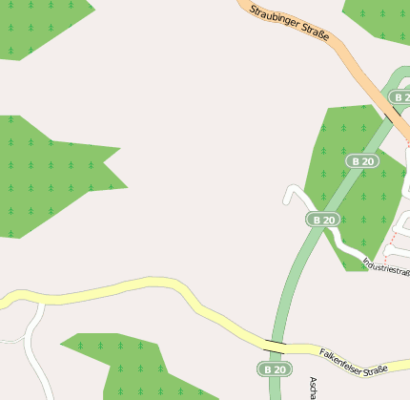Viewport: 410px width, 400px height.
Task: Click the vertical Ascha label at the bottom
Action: (313, 387)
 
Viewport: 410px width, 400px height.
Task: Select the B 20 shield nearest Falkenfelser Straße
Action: (275, 368)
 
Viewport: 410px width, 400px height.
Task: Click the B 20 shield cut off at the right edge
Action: (400, 97)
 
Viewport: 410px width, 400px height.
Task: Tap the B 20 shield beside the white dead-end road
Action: (323, 220)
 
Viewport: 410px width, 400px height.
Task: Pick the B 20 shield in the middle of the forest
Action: (362, 161)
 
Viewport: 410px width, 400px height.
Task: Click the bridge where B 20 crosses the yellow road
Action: (276, 343)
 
